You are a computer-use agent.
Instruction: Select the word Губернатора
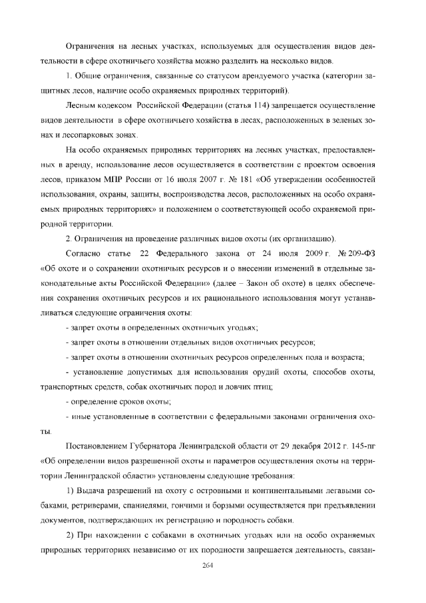pos(154,444)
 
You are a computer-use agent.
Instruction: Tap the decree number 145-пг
pos(361,444)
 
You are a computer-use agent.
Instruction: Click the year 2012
pos(327,444)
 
